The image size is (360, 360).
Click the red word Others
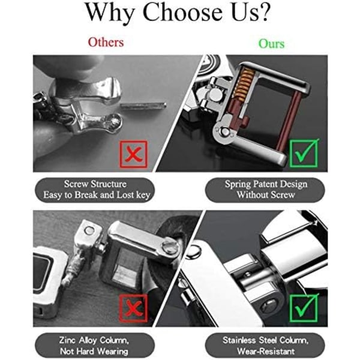pos(106,43)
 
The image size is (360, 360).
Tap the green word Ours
pos(271,43)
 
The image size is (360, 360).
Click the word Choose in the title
pos(182,12)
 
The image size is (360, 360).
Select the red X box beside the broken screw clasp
pos(134,154)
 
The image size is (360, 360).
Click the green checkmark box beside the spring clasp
pos(304,153)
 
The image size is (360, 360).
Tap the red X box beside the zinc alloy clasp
pos(133,309)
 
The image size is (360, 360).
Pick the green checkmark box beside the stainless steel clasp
pos(304,308)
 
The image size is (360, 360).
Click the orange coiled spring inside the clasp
pos(244,84)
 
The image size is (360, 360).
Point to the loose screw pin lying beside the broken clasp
pos(143,106)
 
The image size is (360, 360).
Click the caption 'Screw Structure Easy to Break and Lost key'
pos(95,190)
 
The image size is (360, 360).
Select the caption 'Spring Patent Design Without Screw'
pos(265,190)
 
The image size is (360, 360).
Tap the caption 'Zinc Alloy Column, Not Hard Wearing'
pos(95,346)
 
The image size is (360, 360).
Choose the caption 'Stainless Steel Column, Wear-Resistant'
pos(265,346)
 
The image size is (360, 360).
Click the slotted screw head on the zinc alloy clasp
pos(170,247)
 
